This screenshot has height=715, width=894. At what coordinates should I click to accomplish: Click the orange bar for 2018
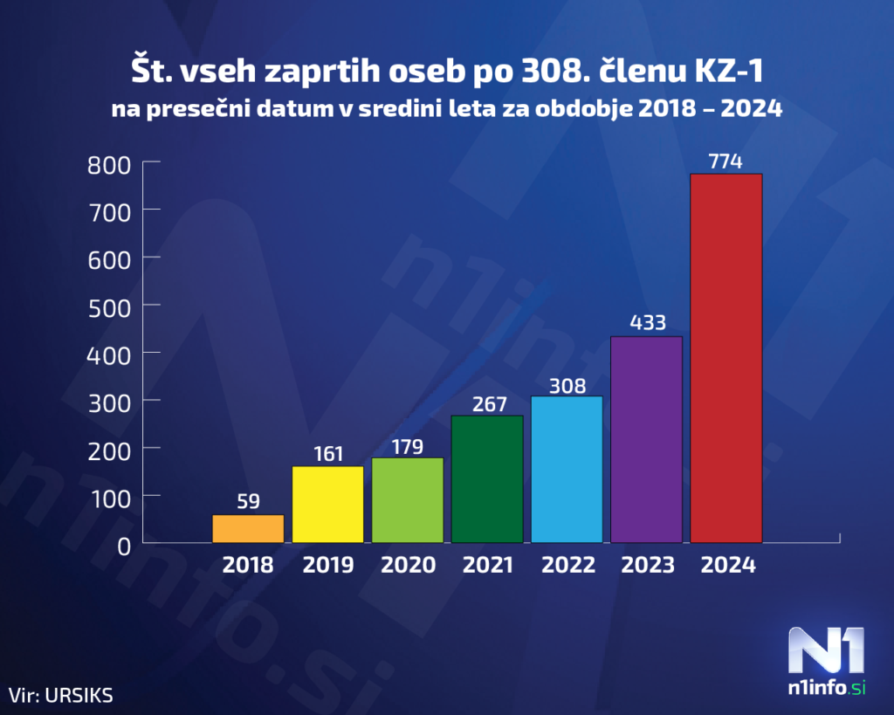[248, 529]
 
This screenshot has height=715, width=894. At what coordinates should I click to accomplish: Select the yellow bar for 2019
[327, 505]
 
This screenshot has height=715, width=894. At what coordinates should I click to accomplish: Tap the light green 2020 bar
[408, 500]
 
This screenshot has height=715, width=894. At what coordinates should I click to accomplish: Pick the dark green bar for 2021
[487, 479]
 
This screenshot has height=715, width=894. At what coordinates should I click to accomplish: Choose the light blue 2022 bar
[567, 470]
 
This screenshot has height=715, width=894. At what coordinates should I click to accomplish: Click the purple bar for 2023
[646, 439]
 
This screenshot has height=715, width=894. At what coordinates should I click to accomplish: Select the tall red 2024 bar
[726, 358]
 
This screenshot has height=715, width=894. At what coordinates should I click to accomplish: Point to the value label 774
[726, 161]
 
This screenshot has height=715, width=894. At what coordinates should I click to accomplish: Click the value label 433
[646, 323]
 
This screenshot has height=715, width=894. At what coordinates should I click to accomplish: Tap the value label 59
[248, 502]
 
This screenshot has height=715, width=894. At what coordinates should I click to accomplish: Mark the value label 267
[487, 402]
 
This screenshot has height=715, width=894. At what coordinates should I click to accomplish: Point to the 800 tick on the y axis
[109, 163]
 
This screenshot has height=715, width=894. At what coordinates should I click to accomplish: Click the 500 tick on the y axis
[109, 306]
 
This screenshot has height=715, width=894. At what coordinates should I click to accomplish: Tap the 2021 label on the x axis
[487, 566]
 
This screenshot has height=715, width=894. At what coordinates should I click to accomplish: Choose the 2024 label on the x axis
[727, 566]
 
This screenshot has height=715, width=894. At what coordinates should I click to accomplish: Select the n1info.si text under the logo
[826, 689]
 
